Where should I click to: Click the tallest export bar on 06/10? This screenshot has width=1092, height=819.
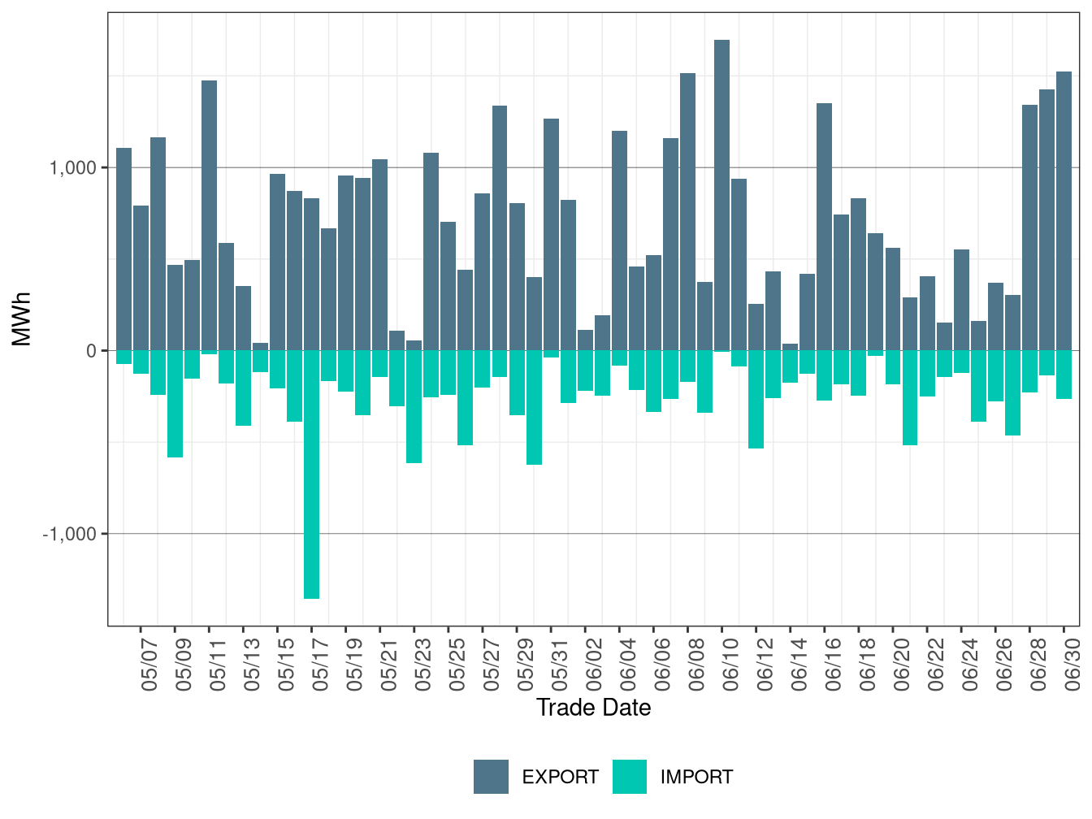[721, 195]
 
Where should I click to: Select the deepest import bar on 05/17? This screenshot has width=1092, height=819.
[311, 474]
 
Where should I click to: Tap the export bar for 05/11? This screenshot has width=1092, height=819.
[209, 215]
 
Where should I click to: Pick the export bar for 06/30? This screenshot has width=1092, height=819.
[1064, 210]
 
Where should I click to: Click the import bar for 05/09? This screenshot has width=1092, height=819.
[175, 404]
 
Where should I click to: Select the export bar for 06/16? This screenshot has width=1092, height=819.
[825, 227]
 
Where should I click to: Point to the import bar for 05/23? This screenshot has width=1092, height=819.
[414, 407]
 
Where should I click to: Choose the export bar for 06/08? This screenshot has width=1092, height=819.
[687, 212]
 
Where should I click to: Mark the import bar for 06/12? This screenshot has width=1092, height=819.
[756, 399]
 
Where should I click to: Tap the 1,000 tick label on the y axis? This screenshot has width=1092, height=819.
[72, 168]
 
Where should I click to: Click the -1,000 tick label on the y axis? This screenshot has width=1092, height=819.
[69, 534]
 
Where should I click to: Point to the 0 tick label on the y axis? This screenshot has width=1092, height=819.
[91, 351]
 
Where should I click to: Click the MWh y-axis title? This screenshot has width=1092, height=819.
[22, 319]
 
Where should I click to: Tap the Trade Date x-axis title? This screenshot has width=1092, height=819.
[593, 708]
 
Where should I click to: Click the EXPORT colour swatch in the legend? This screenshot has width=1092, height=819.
[491, 776]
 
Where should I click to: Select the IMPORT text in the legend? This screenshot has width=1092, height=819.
[696, 777]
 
